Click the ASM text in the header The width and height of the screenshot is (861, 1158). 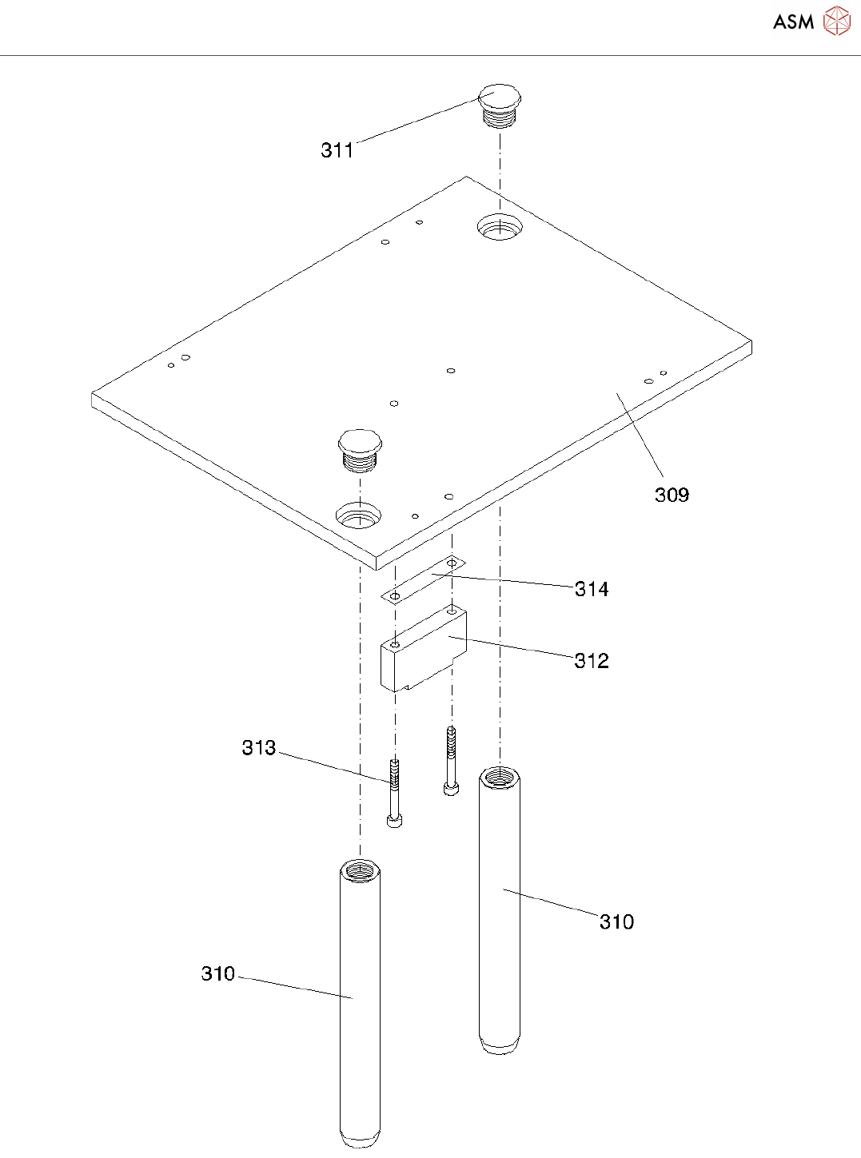click(x=793, y=22)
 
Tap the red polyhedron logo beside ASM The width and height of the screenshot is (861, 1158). click(x=837, y=21)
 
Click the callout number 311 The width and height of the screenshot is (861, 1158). click(x=337, y=150)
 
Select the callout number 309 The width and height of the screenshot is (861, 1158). click(x=672, y=495)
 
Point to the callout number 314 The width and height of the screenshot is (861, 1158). click(x=592, y=589)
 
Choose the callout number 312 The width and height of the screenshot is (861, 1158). click(x=592, y=661)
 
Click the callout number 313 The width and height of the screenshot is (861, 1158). click(x=258, y=748)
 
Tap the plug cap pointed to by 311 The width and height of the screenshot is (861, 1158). click(x=500, y=105)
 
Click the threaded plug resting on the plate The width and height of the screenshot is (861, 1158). click(x=360, y=451)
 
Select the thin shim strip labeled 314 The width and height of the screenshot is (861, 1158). click(x=423, y=580)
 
